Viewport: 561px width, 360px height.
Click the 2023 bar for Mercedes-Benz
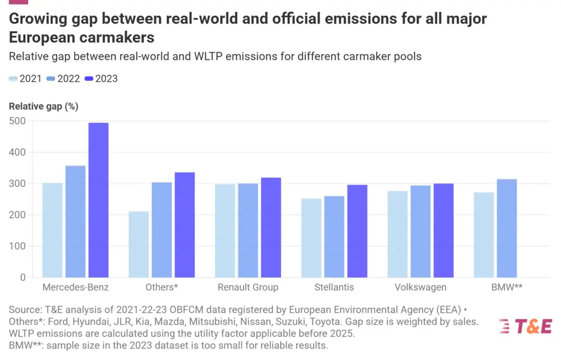pyautogui.click(x=98, y=200)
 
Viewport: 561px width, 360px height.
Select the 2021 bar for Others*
pyautogui.click(x=139, y=244)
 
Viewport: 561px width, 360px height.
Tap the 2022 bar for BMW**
pyautogui.click(x=507, y=228)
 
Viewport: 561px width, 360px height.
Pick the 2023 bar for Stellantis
pyautogui.click(x=357, y=231)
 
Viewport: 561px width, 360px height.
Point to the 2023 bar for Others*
pyautogui.click(x=185, y=225)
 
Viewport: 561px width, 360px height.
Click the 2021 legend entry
pyautogui.click(x=26, y=79)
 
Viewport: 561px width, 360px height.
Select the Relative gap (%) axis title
pyautogui.click(x=43, y=107)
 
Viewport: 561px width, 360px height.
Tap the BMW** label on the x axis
pyautogui.click(x=506, y=287)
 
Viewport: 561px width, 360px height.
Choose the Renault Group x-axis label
pyautogui.click(x=248, y=287)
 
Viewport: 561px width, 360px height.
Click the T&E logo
pyautogui.click(x=525, y=326)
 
